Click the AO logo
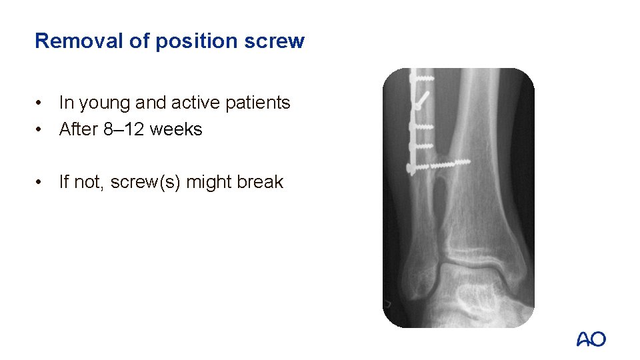(591, 339)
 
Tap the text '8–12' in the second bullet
(124, 129)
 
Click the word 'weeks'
(175, 129)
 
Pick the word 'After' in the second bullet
(79, 129)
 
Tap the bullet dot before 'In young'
(41, 103)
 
